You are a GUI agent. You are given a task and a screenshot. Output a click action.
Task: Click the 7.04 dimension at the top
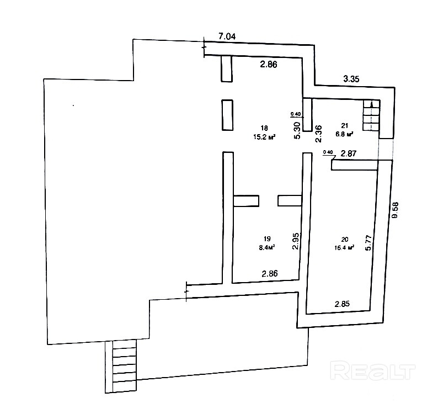point(227,37)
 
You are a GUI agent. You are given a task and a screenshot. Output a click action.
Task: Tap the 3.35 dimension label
point(351,79)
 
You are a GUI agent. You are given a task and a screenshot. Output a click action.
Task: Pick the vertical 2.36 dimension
point(318,134)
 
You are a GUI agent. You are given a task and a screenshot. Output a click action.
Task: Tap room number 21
point(344,125)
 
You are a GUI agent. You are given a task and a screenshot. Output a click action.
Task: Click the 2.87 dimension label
point(349,153)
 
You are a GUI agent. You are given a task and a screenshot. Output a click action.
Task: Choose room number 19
point(267,239)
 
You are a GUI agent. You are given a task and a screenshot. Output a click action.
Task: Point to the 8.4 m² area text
point(267,247)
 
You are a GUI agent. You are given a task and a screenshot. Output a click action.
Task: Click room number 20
point(345,239)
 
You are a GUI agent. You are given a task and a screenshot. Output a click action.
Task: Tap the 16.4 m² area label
point(345,248)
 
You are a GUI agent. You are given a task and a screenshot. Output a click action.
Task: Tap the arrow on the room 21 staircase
point(372,105)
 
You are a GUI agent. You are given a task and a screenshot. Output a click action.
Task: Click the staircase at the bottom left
point(124,367)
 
